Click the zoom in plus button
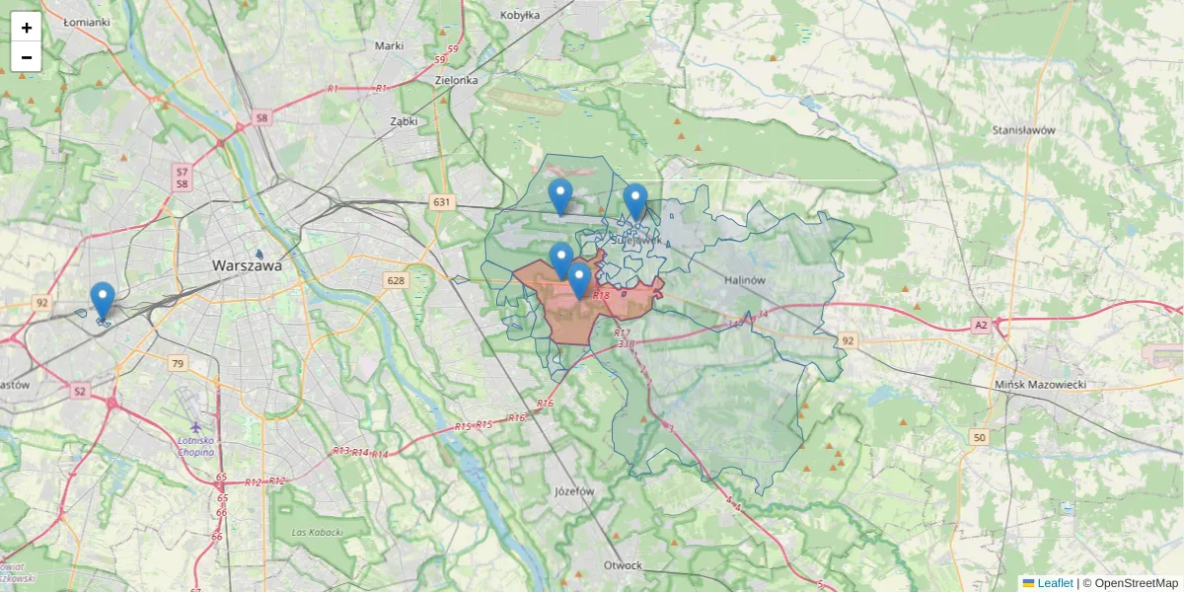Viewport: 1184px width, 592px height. pyautogui.click(x=27, y=28)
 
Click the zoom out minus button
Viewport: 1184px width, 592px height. pyautogui.click(x=27, y=57)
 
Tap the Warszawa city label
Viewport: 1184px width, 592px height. pyautogui.click(x=248, y=265)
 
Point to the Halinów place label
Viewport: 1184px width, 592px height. pyautogui.click(x=745, y=280)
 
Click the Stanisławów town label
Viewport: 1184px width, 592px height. pyautogui.click(x=1024, y=129)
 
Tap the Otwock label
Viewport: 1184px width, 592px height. pyautogui.click(x=624, y=565)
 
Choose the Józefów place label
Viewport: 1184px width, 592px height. pyautogui.click(x=574, y=490)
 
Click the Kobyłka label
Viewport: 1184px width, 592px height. pyautogui.click(x=520, y=15)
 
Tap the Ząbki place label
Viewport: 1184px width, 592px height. pyautogui.click(x=404, y=121)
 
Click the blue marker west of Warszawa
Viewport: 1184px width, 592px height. pyautogui.click(x=102, y=299)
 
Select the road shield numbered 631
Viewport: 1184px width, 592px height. pyautogui.click(x=441, y=202)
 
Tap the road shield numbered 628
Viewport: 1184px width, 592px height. pyautogui.click(x=396, y=280)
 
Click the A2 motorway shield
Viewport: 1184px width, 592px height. pyautogui.click(x=980, y=325)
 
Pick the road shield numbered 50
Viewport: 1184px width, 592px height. pyautogui.click(x=979, y=436)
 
